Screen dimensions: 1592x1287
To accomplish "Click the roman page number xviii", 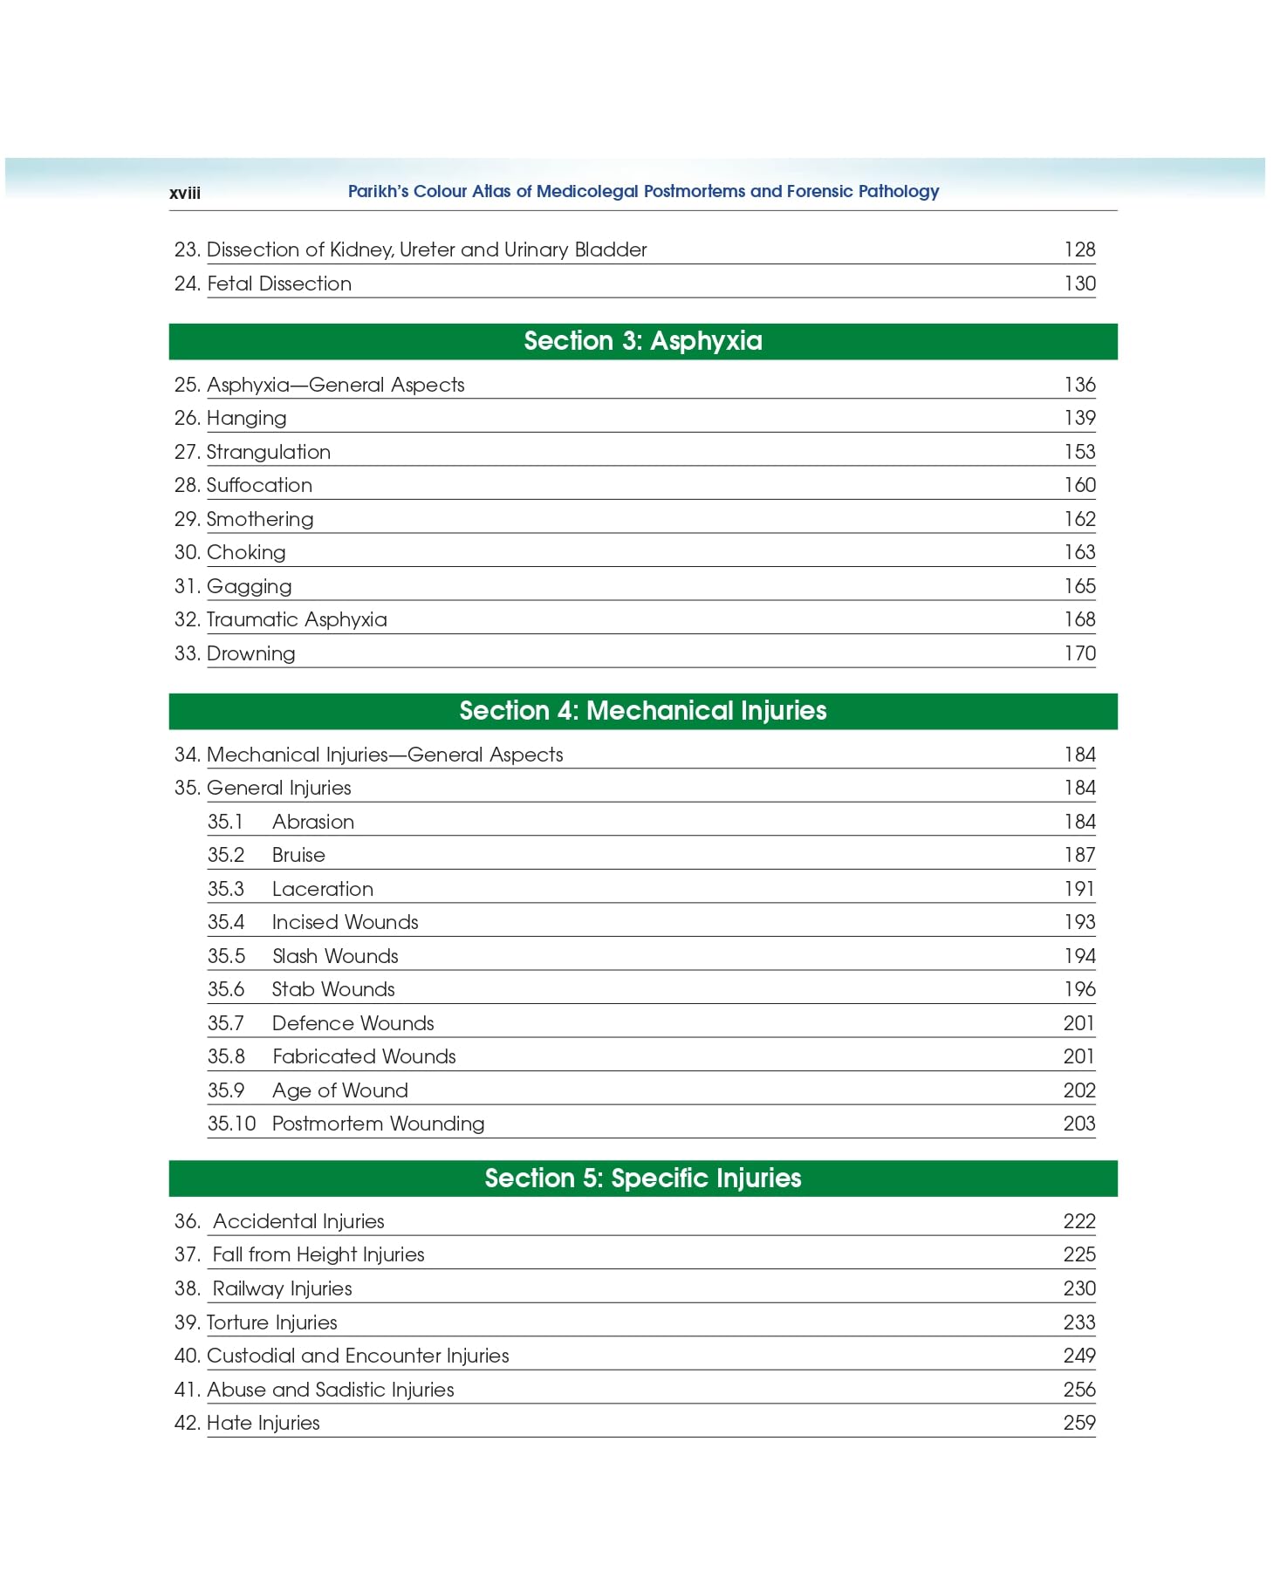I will tap(184, 193).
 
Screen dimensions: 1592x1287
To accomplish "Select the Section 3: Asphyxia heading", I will tap(642, 341).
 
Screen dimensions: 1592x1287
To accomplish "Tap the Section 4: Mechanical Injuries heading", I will tap(642, 711).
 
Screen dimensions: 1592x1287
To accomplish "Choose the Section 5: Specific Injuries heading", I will tap(642, 1179).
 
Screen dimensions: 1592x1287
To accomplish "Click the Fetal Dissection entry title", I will tap(279, 284).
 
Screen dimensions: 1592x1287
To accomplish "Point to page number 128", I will tap(1079, 249).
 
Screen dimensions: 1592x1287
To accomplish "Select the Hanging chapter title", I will tap(246, 418).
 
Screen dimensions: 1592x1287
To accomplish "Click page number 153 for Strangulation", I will tap(1079, 452).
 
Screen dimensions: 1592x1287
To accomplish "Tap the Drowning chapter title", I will tap(250, 653).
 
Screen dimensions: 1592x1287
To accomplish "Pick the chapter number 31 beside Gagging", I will tap(186, 586).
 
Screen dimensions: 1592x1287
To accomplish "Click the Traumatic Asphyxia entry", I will tap(297, 619).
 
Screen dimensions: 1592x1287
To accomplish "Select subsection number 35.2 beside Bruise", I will tap(226, 855).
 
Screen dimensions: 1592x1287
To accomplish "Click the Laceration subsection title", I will tap(323, 889).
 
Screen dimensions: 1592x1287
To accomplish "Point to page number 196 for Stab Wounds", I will tap(1079, 989).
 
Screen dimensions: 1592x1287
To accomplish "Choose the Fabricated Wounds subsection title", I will tap(364, 1056).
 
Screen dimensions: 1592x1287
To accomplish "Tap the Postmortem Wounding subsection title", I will tap(378, 1124).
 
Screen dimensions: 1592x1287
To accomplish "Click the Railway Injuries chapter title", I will tap(282, 1288).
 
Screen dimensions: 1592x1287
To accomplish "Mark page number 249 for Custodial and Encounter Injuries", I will tap(1079, 1356).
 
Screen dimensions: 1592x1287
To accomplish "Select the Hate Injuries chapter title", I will tap(263, 1423).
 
